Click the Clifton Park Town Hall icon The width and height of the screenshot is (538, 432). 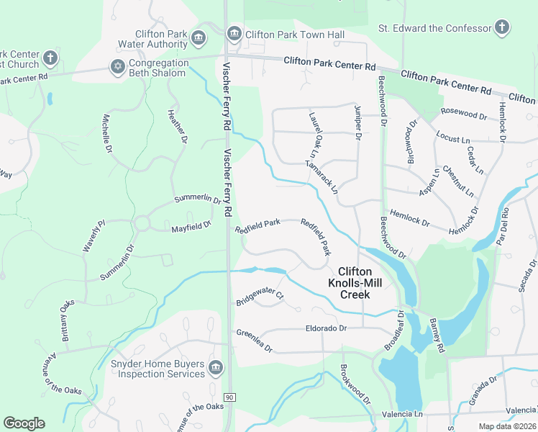234,34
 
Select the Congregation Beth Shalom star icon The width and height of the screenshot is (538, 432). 117,67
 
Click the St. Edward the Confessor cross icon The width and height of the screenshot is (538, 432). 502,28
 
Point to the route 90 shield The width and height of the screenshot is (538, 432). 229,397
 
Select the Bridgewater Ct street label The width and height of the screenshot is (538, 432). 260,298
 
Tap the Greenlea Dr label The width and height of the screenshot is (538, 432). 255,341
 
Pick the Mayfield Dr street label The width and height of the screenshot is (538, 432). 191,228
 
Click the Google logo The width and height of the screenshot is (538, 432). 24,423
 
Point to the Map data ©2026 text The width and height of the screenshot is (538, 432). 507,426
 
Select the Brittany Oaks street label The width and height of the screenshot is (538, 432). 66,320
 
